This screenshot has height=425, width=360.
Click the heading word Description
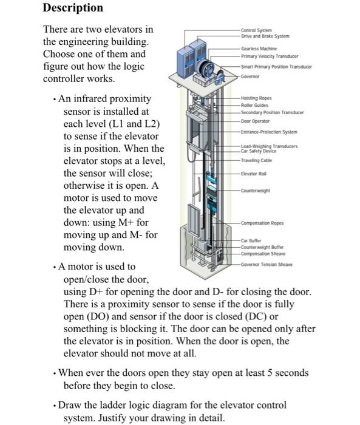[72, 8]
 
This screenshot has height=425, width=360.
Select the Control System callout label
[256, 30]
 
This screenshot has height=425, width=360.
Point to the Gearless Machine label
[259, 48]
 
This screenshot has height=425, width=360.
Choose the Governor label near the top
[251, 77]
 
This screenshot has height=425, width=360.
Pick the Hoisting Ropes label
[256, 98]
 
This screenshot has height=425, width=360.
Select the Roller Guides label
[254, 105]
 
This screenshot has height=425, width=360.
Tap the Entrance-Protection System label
[269, 132]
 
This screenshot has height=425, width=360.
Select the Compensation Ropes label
[262, 222]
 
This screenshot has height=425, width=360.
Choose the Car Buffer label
[251, 240]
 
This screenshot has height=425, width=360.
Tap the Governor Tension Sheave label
[267, 265]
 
